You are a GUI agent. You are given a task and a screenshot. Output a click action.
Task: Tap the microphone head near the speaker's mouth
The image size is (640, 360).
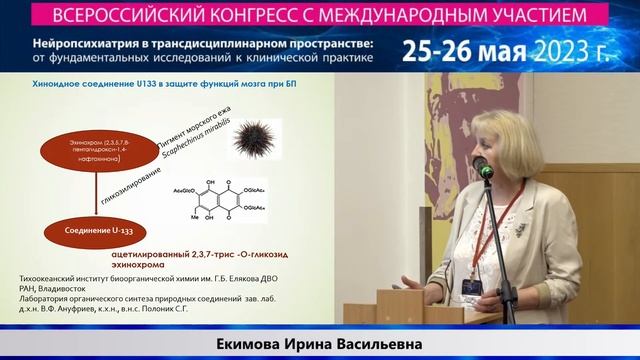[x=479, y=164]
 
